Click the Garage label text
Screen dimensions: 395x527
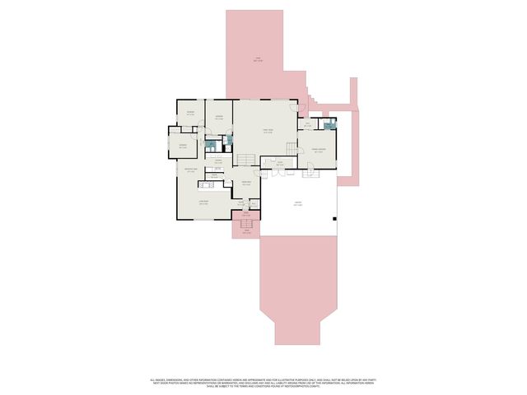click(297, 204)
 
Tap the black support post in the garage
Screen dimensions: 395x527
click(333, 219)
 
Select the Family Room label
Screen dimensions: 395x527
click(268, 130)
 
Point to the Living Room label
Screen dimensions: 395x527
click(203, 202)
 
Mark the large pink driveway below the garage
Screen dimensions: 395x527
click(297, 288)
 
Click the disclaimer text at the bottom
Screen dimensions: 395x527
click(263, 383)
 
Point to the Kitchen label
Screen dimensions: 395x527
click(219, 161)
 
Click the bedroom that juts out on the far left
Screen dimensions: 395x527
click(183, 146)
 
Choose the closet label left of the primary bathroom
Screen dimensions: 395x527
click(307, 125)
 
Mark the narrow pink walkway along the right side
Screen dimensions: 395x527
click(355, 148)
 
